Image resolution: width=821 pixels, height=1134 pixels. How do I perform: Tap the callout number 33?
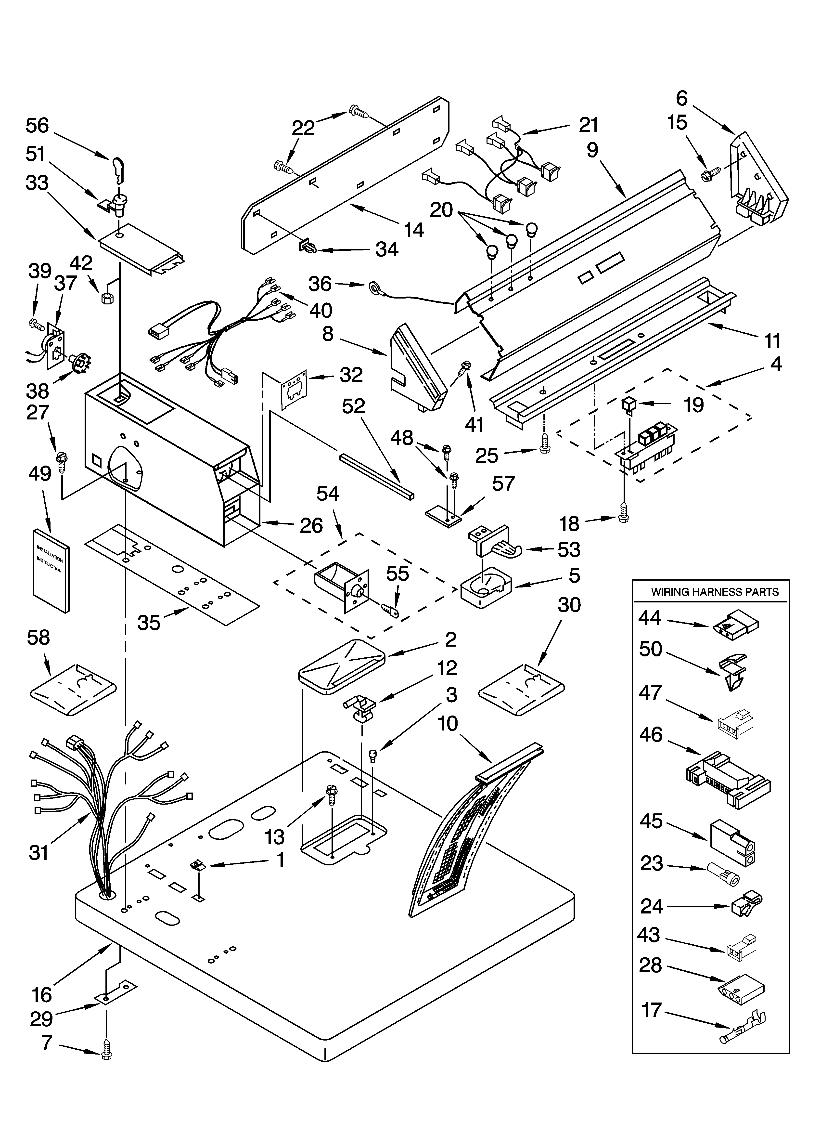tap(37, 183)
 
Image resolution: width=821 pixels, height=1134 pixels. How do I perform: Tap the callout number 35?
tap(149, 623)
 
